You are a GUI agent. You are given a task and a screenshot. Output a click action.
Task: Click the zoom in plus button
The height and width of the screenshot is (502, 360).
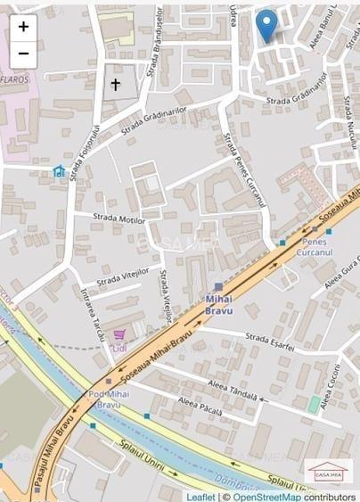click(x=23, y=27)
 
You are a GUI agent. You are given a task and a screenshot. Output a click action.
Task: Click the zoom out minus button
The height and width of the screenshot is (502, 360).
click(x=23, y=53)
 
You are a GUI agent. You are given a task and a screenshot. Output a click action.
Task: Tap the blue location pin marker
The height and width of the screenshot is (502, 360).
click(x=266, y=24)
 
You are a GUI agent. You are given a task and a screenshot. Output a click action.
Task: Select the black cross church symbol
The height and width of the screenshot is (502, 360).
click(x=115, y=85)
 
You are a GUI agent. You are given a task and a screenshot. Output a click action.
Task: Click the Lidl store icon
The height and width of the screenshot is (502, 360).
click(x=59, y=170)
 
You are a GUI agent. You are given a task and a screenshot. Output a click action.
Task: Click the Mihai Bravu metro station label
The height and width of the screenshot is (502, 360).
click(x=218, y=305)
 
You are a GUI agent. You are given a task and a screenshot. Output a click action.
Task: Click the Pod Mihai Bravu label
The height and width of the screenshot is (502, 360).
click(x=108, y=398)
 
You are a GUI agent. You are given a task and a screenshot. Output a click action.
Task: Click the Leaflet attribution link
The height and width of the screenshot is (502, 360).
click(x=200, y=497)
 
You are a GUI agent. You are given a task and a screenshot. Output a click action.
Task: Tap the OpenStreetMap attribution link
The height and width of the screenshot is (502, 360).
click(x=266, y=497)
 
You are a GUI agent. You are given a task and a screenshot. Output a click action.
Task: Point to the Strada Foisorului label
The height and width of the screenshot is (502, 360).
click(x=85, y=152)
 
